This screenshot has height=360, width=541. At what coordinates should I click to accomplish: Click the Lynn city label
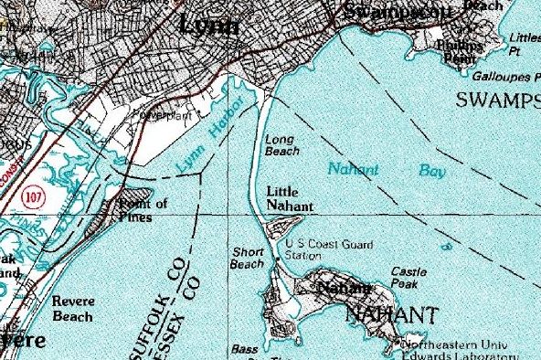coord(211,25)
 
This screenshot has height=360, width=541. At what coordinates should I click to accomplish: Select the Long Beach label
coord(281,145)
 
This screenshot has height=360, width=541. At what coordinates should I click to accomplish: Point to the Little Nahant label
coord(290,199)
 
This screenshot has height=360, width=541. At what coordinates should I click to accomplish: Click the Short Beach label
coord(247,258)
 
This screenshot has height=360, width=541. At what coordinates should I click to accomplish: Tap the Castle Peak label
coord(409,277)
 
